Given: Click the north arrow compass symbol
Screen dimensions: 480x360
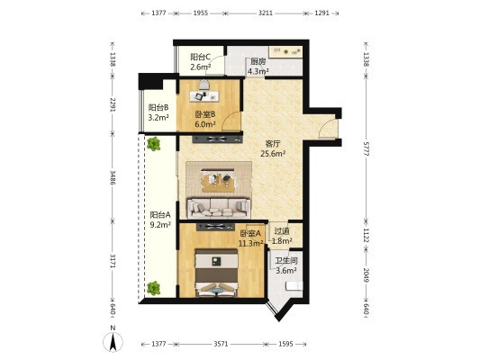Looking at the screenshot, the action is [113, 341].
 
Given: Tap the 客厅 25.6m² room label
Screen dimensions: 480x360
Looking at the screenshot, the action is [273, 148].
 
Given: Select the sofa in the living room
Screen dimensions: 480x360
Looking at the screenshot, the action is [219, 208].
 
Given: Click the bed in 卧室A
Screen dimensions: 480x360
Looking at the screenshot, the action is [216, 273].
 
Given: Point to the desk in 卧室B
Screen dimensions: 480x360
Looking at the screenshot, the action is [204, 96].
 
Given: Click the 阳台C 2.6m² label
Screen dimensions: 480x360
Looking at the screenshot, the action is [201, 62].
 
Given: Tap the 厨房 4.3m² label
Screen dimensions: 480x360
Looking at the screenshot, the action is [258, 67].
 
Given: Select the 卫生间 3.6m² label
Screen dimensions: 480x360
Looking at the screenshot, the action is [286, 265].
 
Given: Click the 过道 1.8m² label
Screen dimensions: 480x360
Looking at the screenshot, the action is [282, 236].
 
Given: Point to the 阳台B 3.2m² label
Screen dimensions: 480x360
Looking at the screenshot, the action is [158, 112].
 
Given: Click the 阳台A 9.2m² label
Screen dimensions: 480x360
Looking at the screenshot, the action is [160, 220].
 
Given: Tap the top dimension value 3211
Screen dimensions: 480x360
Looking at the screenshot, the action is [266, 13].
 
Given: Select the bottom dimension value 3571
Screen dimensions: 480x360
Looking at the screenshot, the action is [221, 344].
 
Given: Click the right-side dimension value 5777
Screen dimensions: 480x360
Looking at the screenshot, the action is [367, 148].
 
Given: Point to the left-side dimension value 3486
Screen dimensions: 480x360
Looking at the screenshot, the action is [113, 177].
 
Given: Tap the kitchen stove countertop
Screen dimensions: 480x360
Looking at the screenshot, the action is [285, 51].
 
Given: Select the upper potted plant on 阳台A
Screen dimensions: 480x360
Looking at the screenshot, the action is [153, 144].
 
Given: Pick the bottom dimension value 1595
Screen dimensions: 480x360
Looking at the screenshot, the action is [285, 344].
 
